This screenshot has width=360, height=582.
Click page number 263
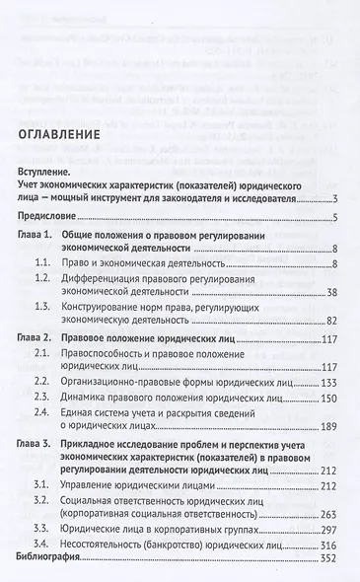click(329, 513)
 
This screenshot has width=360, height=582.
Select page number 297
click(329, 528)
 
